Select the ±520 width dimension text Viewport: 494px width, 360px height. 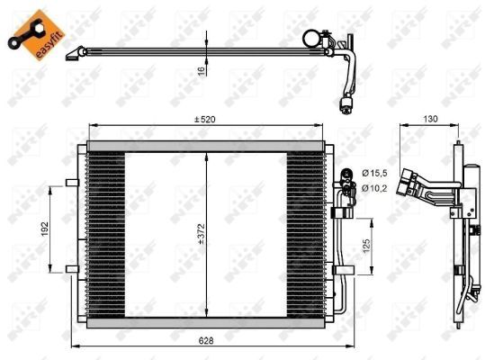[206, 120]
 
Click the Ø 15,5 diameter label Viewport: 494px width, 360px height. [375, 172]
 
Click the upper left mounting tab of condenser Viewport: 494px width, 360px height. [70, 184]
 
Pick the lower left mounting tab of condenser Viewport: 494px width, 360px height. [70, 267]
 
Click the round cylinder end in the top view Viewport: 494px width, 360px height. [313, 37]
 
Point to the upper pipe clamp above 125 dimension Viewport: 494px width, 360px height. [341, 213]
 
